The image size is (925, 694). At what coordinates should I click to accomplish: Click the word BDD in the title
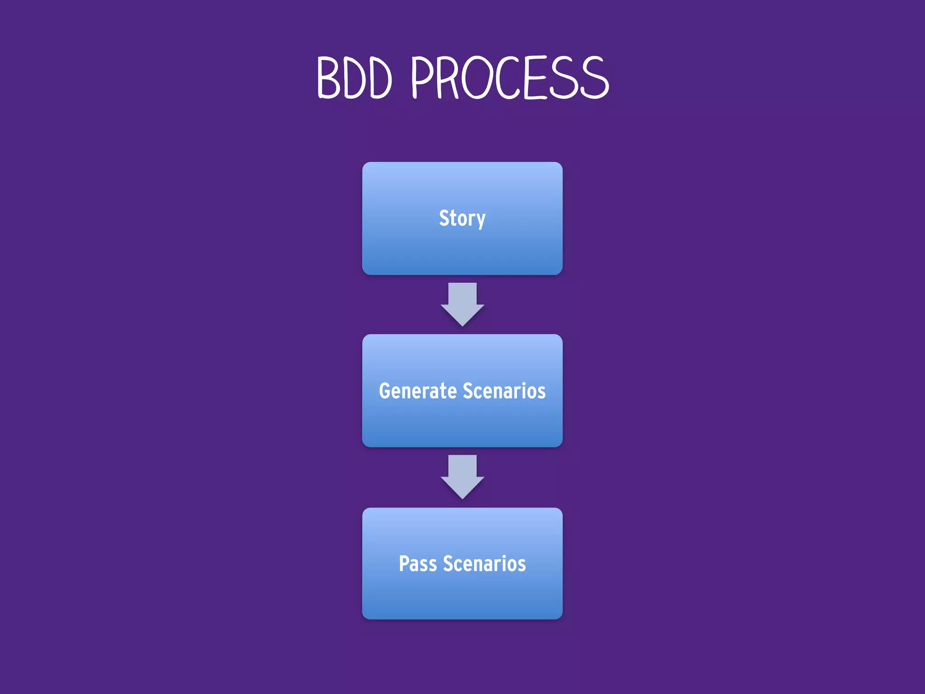[354, 78]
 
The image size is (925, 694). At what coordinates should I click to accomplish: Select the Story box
[462, 253]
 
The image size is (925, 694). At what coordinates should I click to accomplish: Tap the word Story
[462, 219]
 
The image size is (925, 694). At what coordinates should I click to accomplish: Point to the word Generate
[418, 391]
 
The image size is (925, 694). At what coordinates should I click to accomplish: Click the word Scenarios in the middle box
[504, 391]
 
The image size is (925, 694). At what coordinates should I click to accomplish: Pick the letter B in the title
[328, 78]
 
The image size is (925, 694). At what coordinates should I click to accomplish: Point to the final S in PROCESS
[594, 78]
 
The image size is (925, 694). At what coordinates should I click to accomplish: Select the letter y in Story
[480, 220]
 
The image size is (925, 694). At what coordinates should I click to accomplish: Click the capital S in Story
[444, 218]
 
